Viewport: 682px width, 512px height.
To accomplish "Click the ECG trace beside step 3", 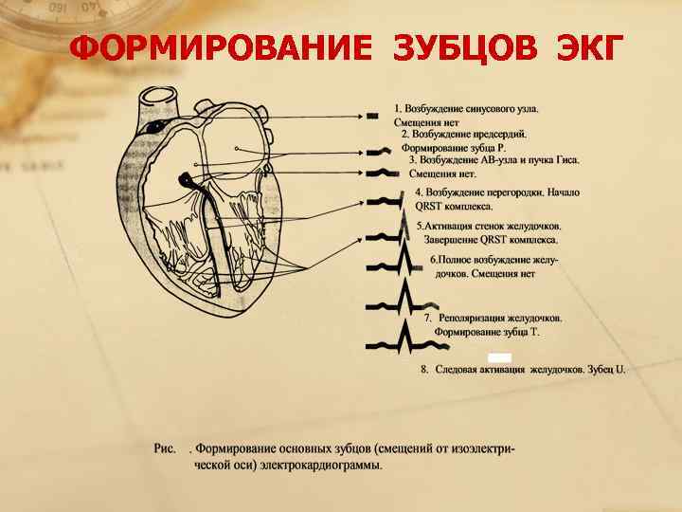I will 378,173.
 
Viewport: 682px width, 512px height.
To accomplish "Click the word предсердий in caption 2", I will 497,135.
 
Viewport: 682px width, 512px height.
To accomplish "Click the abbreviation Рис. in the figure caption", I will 166,447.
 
